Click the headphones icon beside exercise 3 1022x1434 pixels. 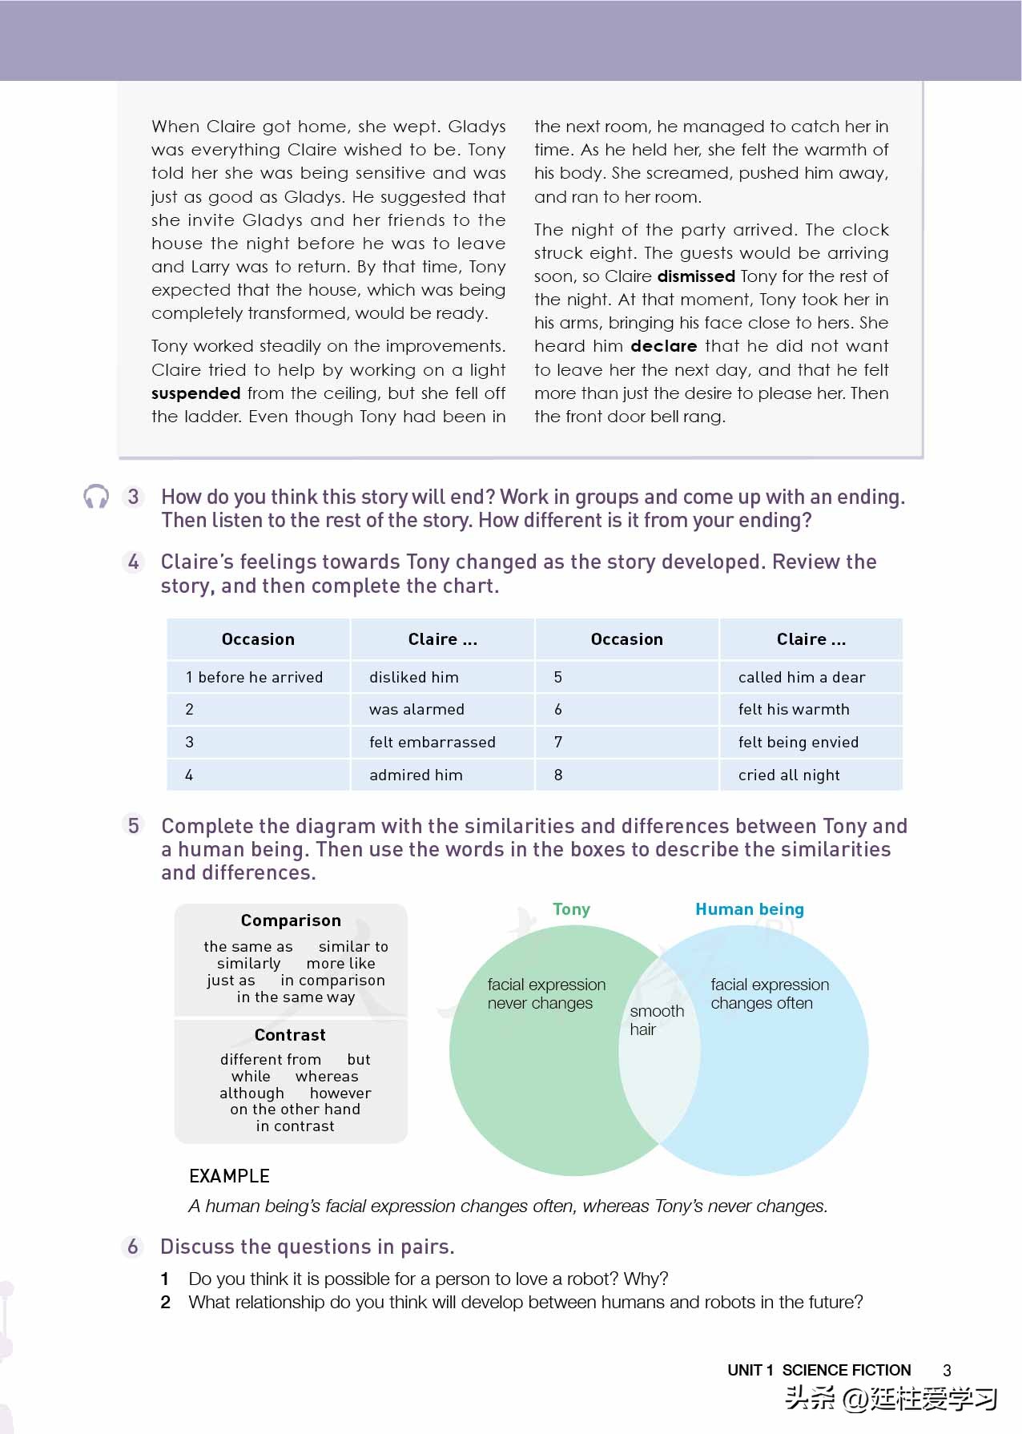click(96, 497)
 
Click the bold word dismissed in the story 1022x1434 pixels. click(695, 276)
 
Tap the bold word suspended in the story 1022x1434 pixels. click(195, 393)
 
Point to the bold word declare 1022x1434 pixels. click(663, 346)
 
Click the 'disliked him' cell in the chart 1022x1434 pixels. click(413, 677)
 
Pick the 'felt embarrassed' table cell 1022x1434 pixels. click(432, 742)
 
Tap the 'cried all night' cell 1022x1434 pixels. click(789, 775)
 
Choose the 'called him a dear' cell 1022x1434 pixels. click(801, 677)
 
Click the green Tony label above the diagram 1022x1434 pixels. click(571, 909)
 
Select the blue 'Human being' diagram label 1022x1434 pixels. click(749, 909)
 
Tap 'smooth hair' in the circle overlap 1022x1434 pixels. click(656, 1020)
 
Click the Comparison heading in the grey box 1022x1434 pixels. click(291, 920)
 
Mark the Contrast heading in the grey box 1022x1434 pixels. click(290, 1035)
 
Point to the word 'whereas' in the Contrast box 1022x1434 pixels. click(327, 1077)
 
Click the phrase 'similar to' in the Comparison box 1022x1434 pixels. click(353, 947)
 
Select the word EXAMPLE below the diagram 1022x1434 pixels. click(229, 1176)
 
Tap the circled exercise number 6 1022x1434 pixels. click(133, 1247)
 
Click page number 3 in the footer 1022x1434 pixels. click(947, 1371)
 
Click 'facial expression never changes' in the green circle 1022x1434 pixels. click(545, 993)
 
